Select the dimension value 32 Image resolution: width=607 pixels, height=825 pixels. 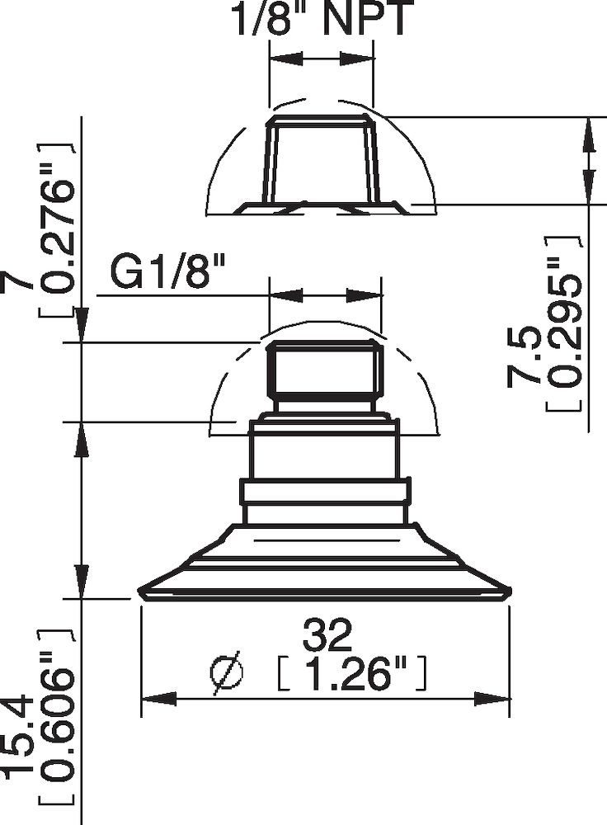(327, 634)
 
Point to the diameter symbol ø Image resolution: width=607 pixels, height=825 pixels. (228, 673)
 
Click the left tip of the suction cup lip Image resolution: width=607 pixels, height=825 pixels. (140, 590)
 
